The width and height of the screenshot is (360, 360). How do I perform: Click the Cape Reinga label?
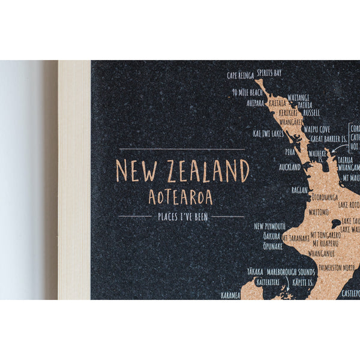pos(240,76)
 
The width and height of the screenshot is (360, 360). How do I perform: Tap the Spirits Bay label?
pos(269,72)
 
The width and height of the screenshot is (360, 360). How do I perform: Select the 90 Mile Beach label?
pos(247,93)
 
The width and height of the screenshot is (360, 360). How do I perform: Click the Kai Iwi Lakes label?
pos(268,133)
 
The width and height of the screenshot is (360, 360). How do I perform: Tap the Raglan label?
pos(300,189)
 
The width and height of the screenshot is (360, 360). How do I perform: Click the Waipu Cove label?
pos(317,129)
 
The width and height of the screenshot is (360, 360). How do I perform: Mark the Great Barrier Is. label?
pos(329,139)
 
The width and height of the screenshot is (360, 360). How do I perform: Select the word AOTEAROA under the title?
pos(180,197)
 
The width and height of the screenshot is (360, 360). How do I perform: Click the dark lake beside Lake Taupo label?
pos(337,223)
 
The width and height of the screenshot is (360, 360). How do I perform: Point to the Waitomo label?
pos(319,212)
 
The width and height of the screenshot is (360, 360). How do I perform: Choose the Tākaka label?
pos(255,271)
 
